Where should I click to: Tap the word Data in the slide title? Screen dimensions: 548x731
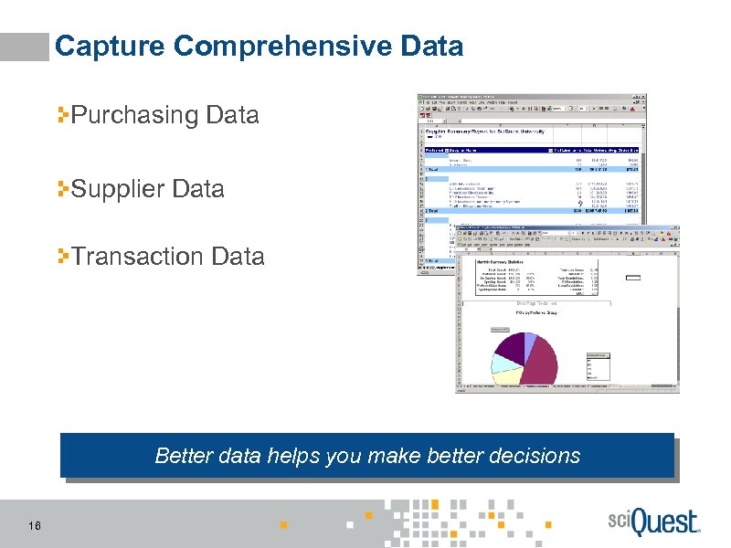[435, 46]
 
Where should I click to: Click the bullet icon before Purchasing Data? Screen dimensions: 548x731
[64, 115]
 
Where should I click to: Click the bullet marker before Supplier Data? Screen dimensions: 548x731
[64, 189]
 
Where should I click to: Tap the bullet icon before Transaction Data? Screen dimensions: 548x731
[64, 257]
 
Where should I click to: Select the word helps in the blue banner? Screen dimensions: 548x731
[291, 455]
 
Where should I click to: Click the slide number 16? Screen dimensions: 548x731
[34, 524]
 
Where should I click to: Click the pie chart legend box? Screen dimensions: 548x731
[598, 369]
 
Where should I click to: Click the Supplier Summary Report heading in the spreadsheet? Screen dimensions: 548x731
[484, 132]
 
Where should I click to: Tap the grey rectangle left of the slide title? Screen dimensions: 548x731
[25, 47]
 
